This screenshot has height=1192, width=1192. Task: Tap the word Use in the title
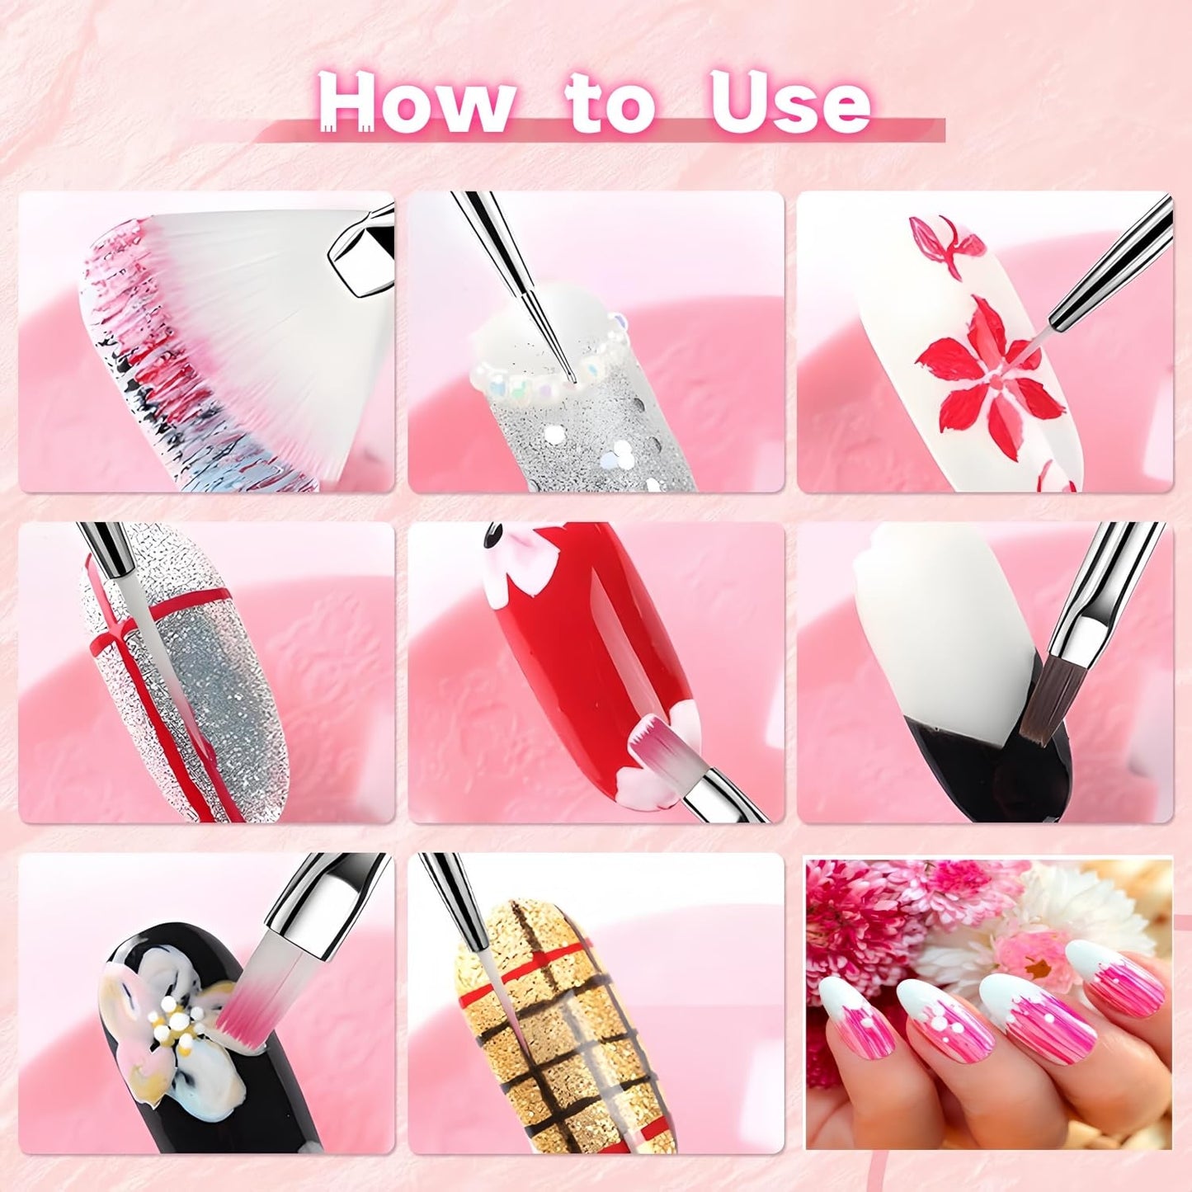789,104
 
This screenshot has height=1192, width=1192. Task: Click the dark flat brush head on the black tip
1041,709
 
